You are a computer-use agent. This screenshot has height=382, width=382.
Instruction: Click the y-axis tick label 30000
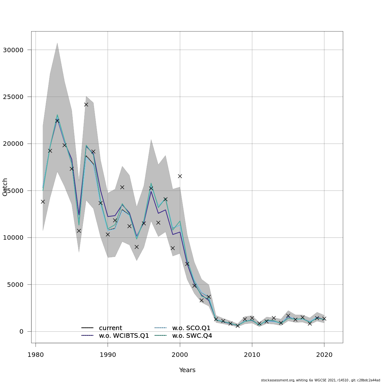pyautogui.click(x=13, y=50)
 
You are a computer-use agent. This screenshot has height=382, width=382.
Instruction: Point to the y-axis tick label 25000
pyautogui.click(x=13, y=97)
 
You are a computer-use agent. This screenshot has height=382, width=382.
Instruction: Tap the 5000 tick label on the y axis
pyautogui.click(x=15, y=285)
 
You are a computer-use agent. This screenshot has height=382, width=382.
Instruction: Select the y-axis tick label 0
pyautogui.click(x=21, y=332)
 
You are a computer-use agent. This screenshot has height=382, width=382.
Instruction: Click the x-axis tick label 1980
pyautogui.click(x=35, y=355)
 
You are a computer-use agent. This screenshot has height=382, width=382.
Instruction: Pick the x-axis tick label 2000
pyautogui.click(x=180, y=355)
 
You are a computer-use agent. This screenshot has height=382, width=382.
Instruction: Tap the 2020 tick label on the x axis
pyautogui.click(x=324, y=355)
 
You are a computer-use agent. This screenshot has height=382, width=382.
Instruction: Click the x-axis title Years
pyautogui.click(x=187, y=370)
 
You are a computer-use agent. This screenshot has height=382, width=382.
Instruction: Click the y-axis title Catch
pyautogui.click(x=5, y=187)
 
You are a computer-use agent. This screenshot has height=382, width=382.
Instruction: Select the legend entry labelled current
pyautogui.click(x=110, y=328)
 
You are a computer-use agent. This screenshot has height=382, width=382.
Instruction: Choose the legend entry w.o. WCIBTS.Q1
pyautogui.click(x=124, y=336)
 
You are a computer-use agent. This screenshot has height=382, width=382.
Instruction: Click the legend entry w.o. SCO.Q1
pyautogui.click(x=191, y=328)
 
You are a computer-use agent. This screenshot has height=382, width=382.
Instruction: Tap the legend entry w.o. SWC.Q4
pyautogui.click(x=192, y=336)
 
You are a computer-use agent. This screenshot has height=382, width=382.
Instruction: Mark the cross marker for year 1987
pyautogui.click(x=86, y=104)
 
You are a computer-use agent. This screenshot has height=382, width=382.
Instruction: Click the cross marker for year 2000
pyautogui.click(x=180, y=176)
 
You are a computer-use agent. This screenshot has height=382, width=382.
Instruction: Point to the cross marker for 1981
pyautogui.click(x=43, y=202)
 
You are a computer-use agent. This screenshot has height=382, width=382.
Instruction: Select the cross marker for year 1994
pyautogui.click(x=137, y=247)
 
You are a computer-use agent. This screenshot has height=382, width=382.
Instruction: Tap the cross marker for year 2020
pyautogui.click(x=324, y=319)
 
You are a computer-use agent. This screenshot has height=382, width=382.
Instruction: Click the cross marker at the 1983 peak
pyautogui.click(x=57, y=121)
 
